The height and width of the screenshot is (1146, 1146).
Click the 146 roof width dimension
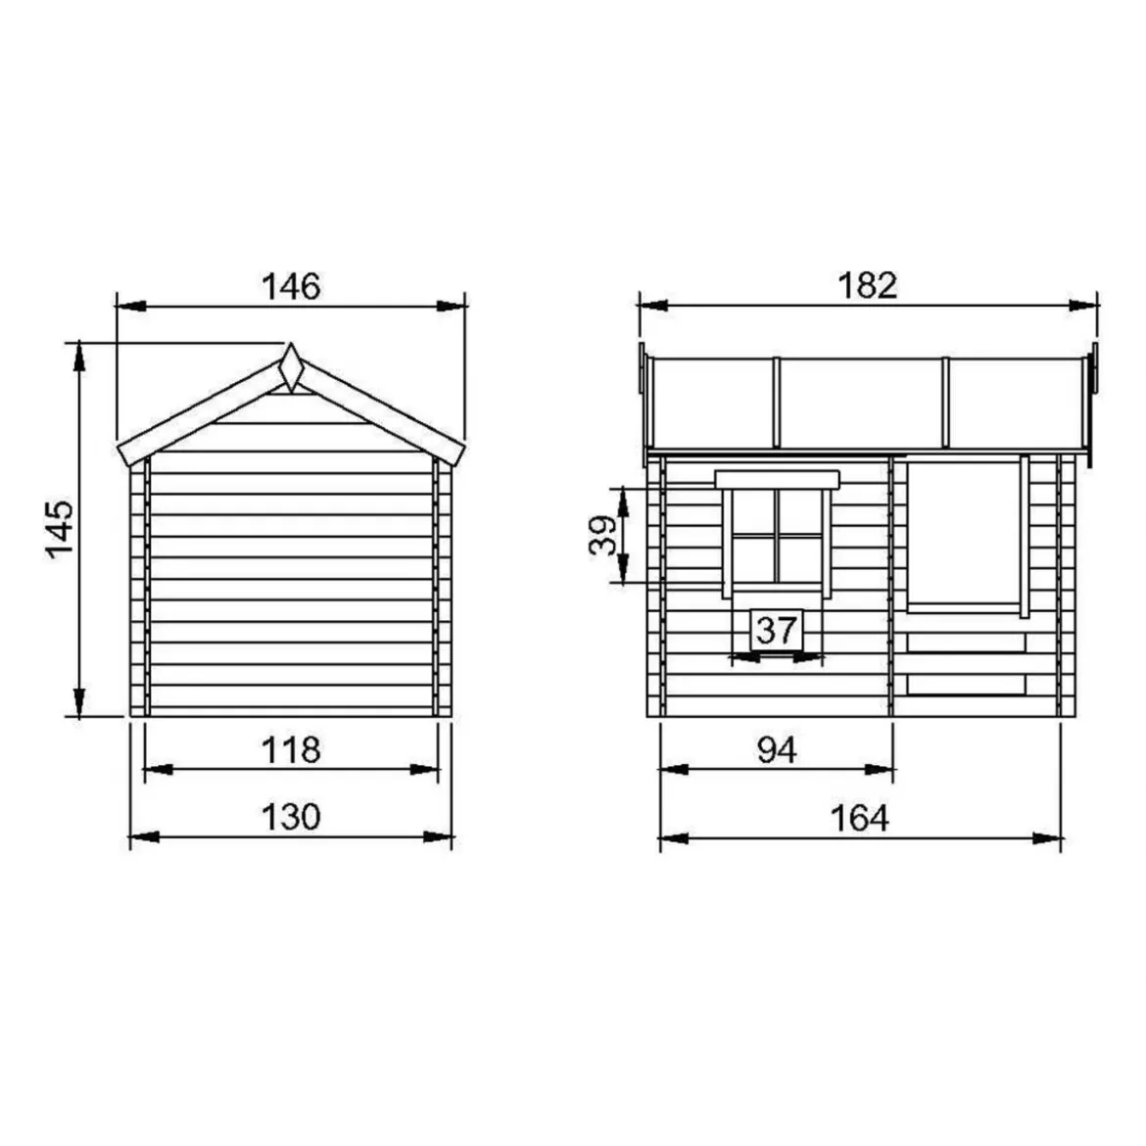(x=291, y=286)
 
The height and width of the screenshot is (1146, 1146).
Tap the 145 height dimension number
(x=60, y=529)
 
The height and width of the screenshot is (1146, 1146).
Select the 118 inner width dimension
(x=291, y=750)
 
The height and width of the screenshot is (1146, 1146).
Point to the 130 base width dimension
(x=291, y=816)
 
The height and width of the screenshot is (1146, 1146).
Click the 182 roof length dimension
(x=867, y=285)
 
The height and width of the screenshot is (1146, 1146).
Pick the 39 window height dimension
(x=603, y=536)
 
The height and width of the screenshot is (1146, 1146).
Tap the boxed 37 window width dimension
(x=776, y=630)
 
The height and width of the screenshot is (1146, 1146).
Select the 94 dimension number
(x=776, y=750)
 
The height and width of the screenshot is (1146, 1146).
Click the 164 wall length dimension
(x=860, y=818)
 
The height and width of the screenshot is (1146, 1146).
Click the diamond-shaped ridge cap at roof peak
(x=291, y=367)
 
